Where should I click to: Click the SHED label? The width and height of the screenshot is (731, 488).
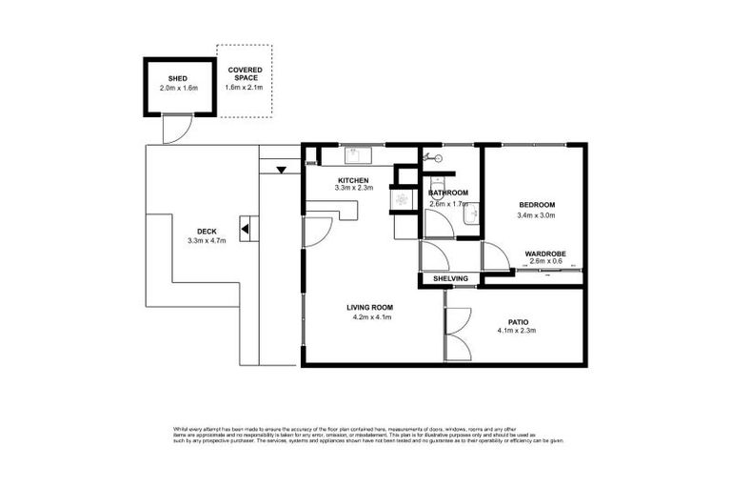[178, 78]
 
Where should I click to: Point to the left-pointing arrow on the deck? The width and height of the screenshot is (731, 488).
[245, 229]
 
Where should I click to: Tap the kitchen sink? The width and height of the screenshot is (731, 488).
[354, 152]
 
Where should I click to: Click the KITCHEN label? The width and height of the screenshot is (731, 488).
[354, 179]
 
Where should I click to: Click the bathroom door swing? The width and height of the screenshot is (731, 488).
[436, 225]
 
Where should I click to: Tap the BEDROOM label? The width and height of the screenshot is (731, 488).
[536, 206]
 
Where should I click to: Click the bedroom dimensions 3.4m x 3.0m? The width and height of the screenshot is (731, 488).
[536, 215]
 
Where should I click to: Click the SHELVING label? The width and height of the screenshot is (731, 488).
[450, 278]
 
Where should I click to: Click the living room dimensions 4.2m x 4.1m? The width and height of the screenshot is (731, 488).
[369, 317]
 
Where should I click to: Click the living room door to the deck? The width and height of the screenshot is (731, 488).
[318, 229]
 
